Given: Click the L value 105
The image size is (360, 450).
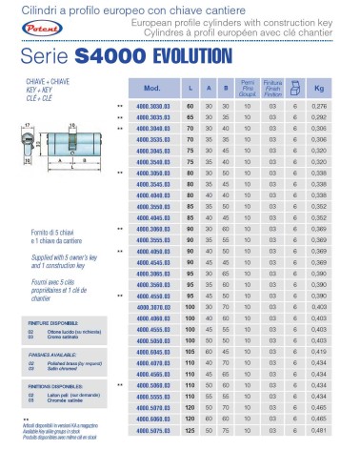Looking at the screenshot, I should (x=190, y=355).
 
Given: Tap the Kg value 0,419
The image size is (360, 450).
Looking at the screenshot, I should (x=322, y=355).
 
